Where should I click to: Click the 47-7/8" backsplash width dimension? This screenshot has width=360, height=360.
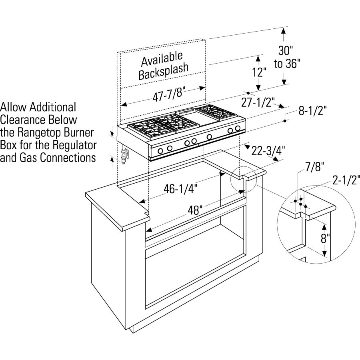pyautogui.click(x=169, y=94)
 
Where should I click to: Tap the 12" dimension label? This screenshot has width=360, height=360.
pyautogui.click(x=259, y=72)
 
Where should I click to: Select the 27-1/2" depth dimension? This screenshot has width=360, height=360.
pyautogui.click(x=258, y=102)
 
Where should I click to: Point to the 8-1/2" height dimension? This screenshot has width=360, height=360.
pyautogui.click(x=312, y=111)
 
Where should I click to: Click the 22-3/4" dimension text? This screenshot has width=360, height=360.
pyautogui.click(x=268, y=151)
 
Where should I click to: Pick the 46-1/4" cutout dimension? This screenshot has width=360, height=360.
pyautogui.click(x=180, y=189)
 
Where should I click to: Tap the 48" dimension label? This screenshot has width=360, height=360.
pyautogui.click(x=195, y=210)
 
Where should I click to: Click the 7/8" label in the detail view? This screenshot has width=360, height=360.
pyautogui.click(x=314, y=167)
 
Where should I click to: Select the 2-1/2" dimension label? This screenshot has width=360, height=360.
pyautogui.click(x=346, y=180)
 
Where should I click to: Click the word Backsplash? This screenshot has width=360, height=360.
pyautogui.click(x=164, y=71)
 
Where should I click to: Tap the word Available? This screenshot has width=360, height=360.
pyautogui.click(x=162, y=59)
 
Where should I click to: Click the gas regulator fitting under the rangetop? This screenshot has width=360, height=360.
pyautogui.click(x=125, y=154)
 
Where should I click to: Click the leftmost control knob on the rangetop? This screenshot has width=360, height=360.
pyautogui.click(x=160, y=151)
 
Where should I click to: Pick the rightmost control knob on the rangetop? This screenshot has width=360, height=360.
pyautogui.click(x=238, y=128)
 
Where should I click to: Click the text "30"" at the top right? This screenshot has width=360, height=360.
pyautogui.click(x=286, y=50)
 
